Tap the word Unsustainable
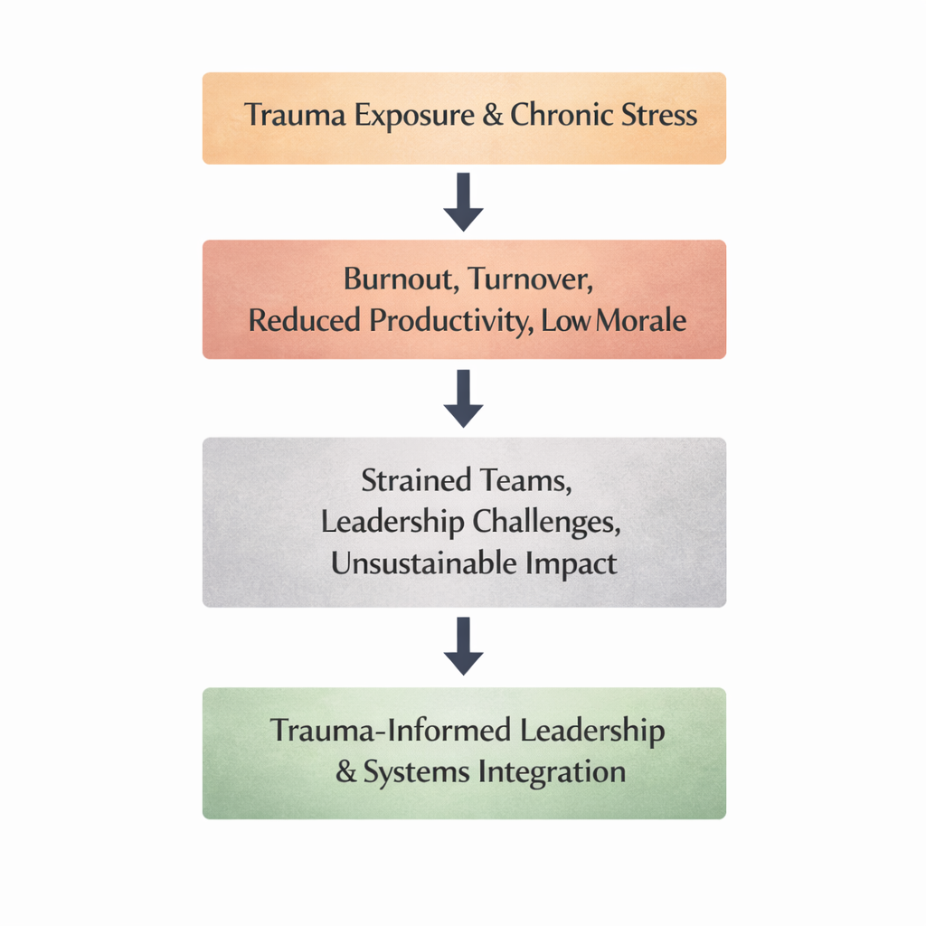[425, 563]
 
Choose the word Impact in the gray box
[572, 563]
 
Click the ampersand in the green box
[346, 773]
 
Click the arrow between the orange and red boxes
[463, 201]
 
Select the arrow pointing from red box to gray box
[463, 398]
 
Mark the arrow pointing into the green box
[463, 646]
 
